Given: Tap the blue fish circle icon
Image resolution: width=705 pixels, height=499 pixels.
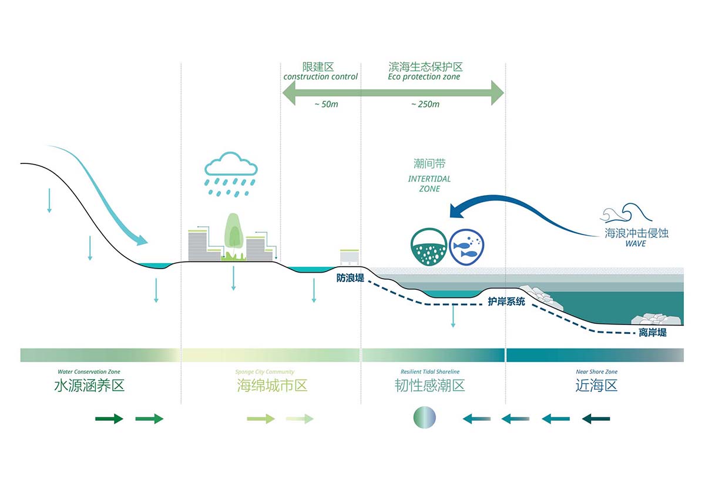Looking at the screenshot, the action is (x=466, y=246).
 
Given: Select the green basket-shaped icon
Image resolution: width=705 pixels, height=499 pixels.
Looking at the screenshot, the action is (x=429, y=246).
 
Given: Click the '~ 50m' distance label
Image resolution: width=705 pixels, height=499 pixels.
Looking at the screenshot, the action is (x=327, y=104).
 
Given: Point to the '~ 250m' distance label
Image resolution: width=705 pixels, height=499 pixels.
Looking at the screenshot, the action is (x=425, y=104).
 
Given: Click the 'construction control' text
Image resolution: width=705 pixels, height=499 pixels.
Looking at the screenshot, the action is (x=320, y=76).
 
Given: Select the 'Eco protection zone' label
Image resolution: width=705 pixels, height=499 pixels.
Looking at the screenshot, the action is (x=424, y=76).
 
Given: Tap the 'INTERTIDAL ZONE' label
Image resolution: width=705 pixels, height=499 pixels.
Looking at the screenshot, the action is (x=429, y=183).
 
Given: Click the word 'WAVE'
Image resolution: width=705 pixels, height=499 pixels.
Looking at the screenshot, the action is (x=636, y=243).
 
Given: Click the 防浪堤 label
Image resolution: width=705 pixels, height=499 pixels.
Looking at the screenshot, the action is (x=350, y=277).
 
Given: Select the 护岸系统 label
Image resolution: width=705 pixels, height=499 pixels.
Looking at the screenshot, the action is (x=506, y=302).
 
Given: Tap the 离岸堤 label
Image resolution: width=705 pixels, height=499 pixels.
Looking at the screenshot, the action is (x=653, y=333).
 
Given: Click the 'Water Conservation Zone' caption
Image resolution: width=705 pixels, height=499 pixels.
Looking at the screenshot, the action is (x=89, y=371).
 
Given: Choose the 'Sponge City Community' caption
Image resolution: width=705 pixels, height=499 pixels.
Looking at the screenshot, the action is (x=265, y=372).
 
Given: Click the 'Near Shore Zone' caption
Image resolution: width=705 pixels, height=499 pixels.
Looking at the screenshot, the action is (x=597, y=371).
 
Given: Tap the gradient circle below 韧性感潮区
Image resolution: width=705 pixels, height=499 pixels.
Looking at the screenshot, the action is (x=425, y=417).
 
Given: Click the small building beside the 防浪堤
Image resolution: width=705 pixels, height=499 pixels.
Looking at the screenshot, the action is (x=350, y=257).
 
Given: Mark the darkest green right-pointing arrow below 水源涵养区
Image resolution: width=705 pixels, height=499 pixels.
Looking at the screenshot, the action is (x=109, y=418).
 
